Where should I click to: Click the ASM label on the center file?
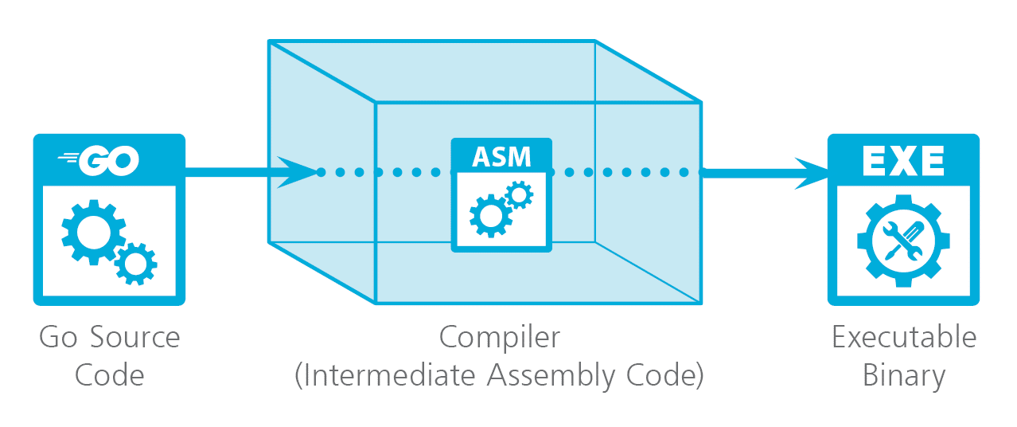point(501,156)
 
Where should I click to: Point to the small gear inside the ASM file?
point(519,194)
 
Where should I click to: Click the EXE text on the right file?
point(903,162)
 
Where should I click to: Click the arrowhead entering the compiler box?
point(298,171)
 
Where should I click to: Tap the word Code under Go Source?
point(109,375)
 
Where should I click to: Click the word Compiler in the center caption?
point(500,338)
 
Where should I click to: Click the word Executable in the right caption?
point(904,338)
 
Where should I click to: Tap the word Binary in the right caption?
point(904,375)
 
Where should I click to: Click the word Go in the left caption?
point(56,338)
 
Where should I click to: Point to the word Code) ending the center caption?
point(668,375)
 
